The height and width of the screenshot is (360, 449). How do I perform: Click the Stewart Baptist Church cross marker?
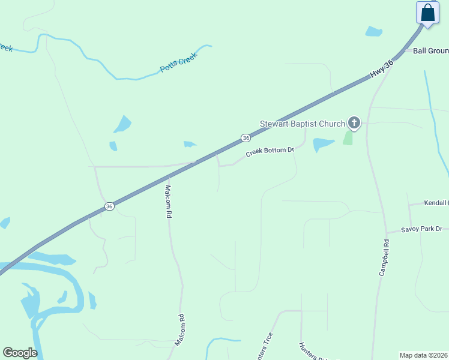pos(354,124)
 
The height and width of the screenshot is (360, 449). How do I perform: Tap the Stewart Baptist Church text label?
pos(302,124)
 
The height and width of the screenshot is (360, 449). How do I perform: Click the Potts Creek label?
pos(179,62)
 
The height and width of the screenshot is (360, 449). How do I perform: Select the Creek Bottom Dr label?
pos(270,152)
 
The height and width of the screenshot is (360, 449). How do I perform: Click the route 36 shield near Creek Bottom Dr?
pos(246,138)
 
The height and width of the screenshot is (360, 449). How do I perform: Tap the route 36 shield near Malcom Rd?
pos(109,206)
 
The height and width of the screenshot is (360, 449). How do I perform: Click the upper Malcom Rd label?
pos(168,201)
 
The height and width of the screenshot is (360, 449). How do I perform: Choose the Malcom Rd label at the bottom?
pos(180,329)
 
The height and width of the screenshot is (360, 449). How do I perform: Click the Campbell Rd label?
pos(384,258)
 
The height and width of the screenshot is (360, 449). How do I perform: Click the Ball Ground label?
pos(431,51)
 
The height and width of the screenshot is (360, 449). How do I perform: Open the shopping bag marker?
pos(427,13)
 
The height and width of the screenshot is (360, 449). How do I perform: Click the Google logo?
pos(20,353)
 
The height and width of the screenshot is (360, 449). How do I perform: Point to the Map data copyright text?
pos(423,355)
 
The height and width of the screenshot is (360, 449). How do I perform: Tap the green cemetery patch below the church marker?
pos(348,137)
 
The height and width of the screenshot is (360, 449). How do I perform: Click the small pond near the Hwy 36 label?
pos(373,31)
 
